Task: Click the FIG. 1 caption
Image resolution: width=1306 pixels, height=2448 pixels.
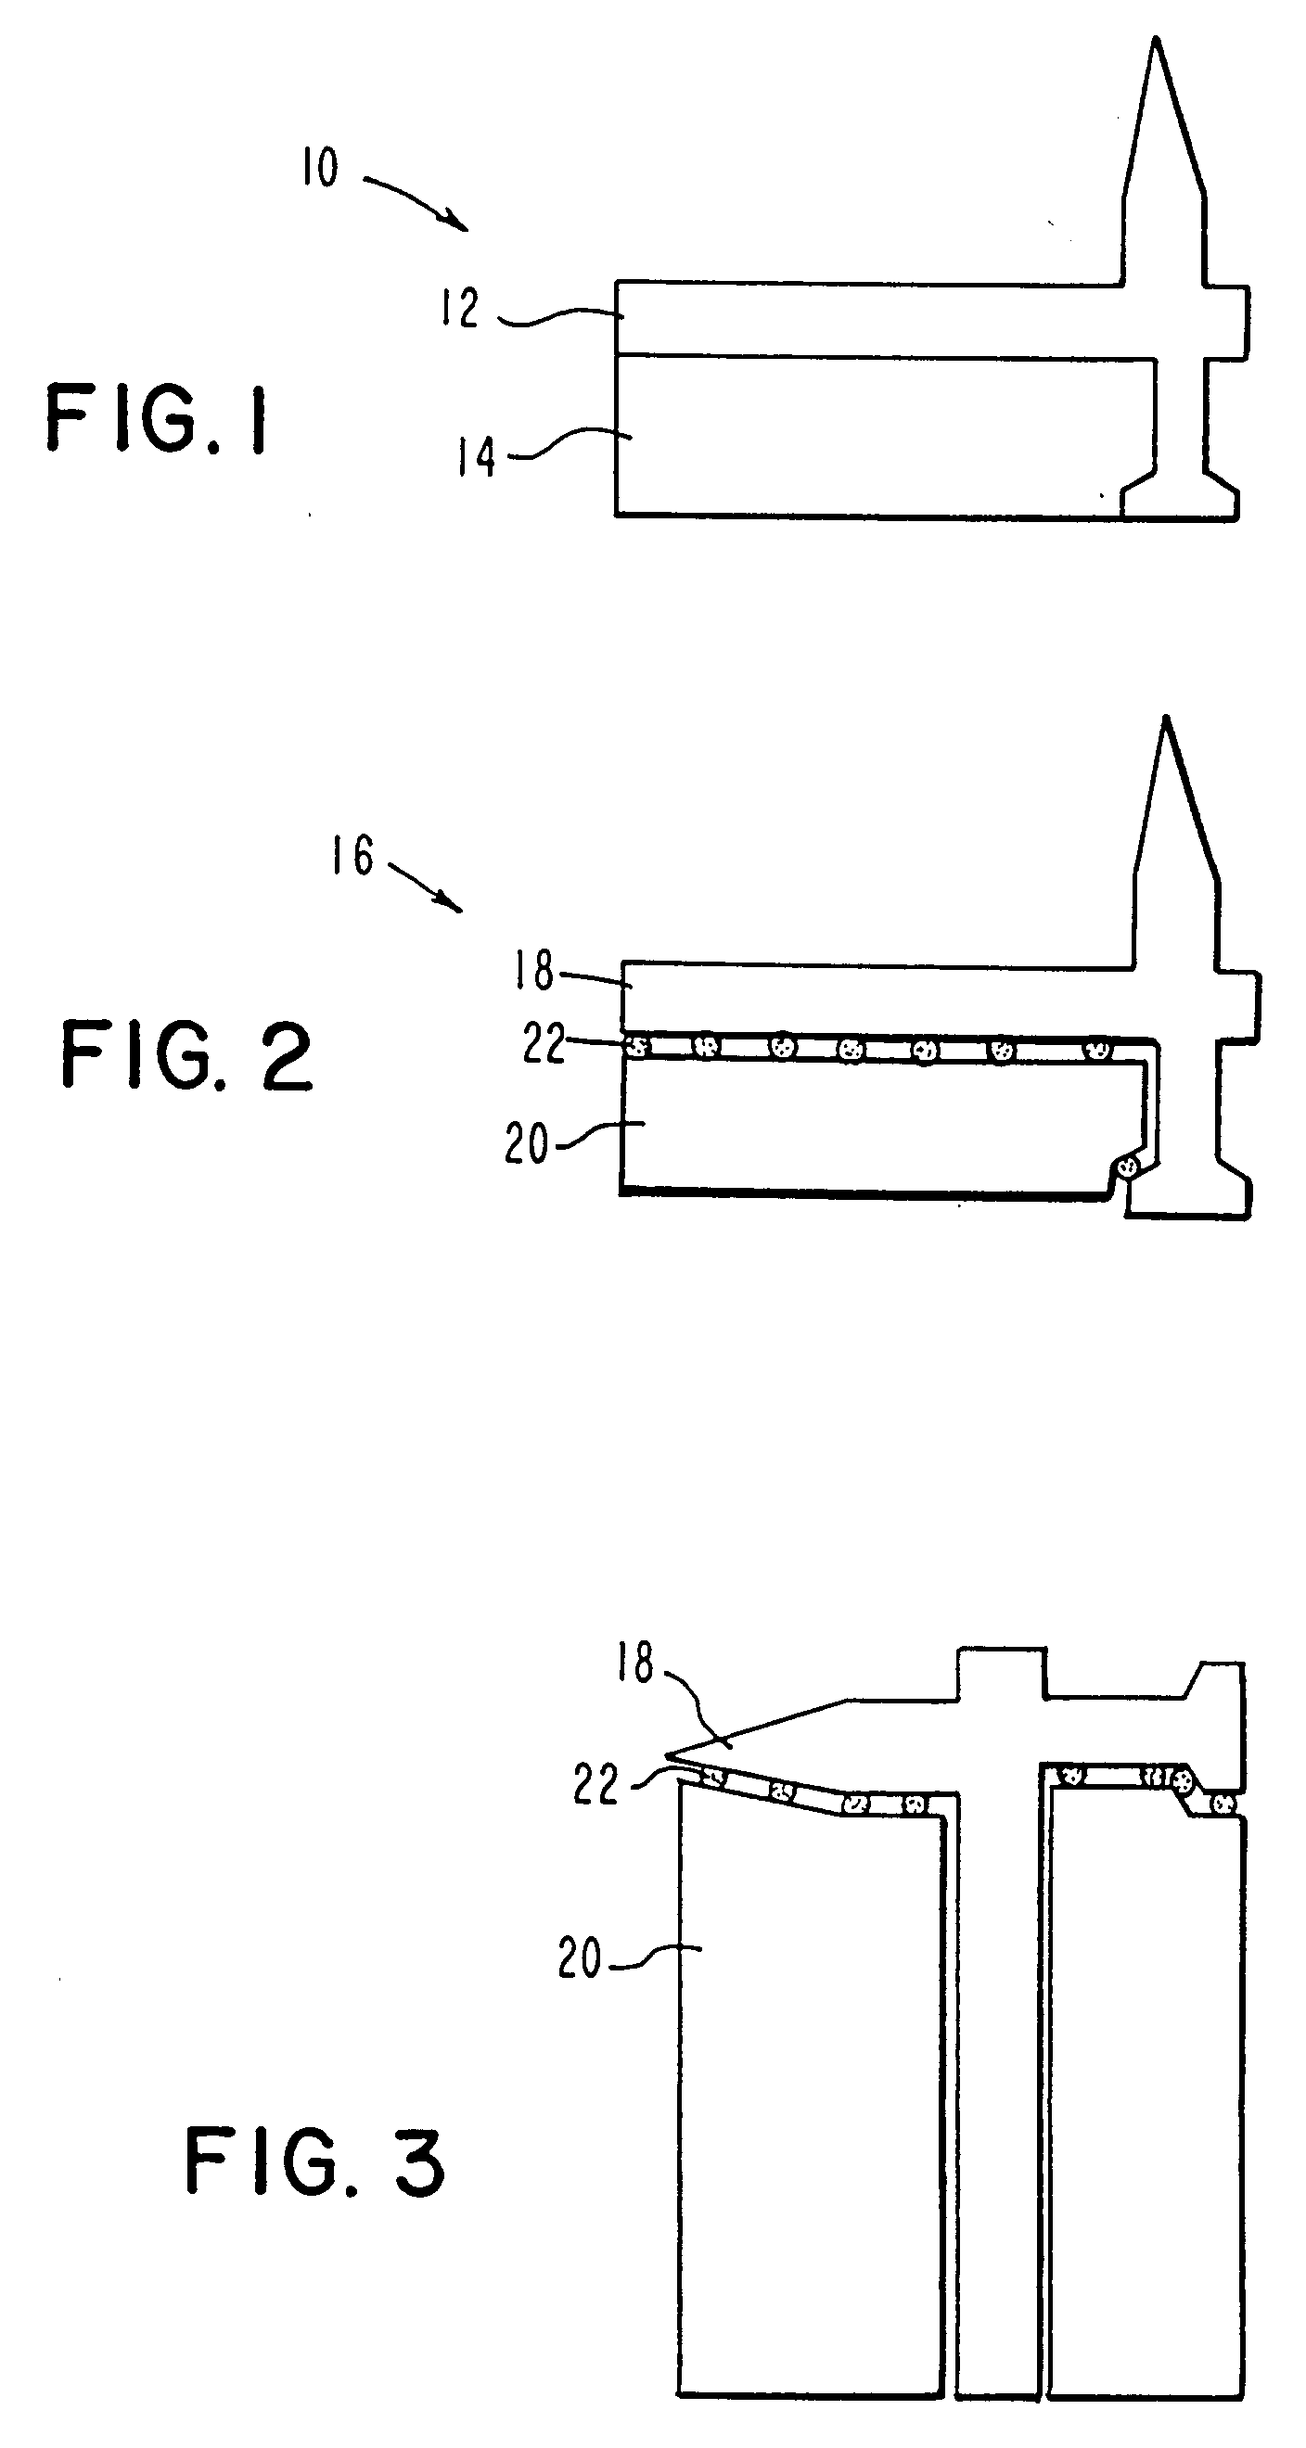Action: point(157,419)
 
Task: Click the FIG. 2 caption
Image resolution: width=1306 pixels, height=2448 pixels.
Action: point(186,1055)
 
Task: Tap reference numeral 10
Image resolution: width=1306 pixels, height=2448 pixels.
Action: point(320,168)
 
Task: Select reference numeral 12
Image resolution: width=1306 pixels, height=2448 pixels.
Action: point(460,309)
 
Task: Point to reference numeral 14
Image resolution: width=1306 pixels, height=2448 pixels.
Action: point(476,458)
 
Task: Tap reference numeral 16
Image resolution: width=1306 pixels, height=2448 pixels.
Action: point(352,855)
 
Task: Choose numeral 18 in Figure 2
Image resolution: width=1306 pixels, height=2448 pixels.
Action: point(534,970)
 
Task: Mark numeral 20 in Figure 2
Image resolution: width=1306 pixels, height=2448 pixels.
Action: point(527,1143)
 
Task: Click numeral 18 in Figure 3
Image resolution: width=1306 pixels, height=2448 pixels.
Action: point(636,1663)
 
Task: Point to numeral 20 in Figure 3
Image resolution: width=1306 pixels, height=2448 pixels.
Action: point(580,1958)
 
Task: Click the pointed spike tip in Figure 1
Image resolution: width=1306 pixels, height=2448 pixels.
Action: point(1156,41)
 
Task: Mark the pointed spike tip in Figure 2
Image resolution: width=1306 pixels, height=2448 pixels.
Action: point(1166,720)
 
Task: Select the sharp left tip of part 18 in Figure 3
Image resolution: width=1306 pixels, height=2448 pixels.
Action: point(668,1753)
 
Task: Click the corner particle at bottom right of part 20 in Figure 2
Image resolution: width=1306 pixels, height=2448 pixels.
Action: point(1127,1165)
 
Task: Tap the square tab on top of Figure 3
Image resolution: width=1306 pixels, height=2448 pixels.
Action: point(1001,1674)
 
